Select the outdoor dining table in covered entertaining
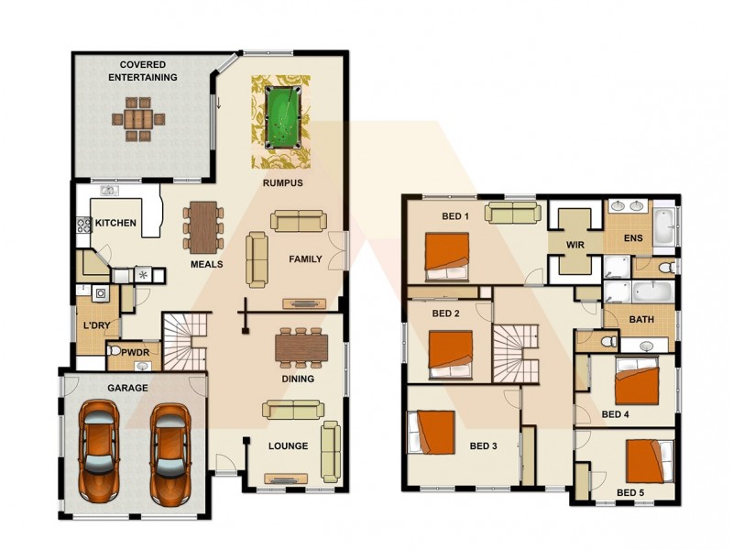(138, 119)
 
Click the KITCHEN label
(116, 223)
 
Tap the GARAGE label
(127, 389)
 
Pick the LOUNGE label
(288, 446)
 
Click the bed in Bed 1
(446, 255)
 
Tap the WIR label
(575, 245)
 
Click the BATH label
(640, 320)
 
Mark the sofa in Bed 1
(512, 213)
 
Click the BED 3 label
(483, 446)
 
